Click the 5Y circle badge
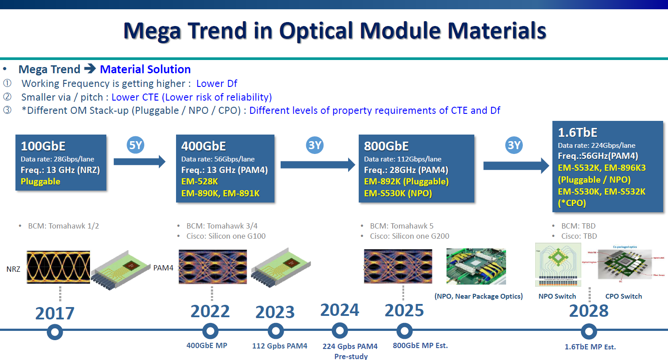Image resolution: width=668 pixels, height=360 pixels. tap(135, 145)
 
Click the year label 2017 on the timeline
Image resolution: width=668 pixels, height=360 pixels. tap(55, 313)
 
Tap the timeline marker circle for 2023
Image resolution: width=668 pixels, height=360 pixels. tap(275, 331)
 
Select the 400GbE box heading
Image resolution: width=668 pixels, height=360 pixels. tap(203, 146)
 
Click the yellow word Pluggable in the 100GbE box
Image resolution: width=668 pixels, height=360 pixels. tap(41, 181)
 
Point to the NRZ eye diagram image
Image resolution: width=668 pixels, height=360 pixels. tap(58, 266)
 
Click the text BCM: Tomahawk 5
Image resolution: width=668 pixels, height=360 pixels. tap(402, 226)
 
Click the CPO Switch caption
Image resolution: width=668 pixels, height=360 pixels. tap(623, 296)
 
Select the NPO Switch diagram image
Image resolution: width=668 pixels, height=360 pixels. tap(558, 265)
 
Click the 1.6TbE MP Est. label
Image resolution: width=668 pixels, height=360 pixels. tap(590, 347)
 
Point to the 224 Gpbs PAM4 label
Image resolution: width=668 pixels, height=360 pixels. tap(350, 346)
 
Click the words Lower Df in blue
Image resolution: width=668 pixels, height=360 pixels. tap(217, 83)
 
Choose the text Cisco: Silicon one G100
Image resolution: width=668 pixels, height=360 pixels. tap(226, 236)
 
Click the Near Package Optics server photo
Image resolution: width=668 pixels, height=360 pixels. tap(476, 266)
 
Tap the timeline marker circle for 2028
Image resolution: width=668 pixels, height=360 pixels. tap(589, 331)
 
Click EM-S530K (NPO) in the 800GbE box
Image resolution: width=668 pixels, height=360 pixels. tap(398, 193)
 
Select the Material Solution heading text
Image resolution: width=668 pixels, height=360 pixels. tap(145, 69)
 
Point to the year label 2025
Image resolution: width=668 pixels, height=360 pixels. tap(404, 311)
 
